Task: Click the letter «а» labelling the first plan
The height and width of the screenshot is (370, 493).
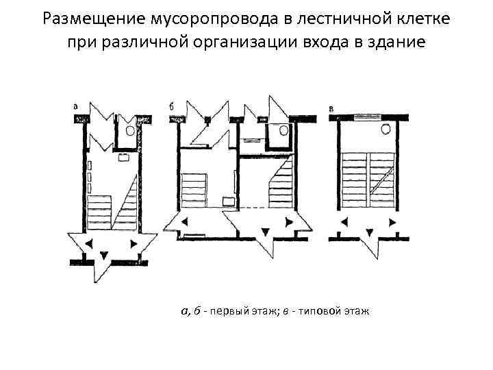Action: [x=75, y=107]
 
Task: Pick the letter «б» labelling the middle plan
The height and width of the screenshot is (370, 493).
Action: [x=170, y=107]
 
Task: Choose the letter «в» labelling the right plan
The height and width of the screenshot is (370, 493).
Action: [x=332, y=107]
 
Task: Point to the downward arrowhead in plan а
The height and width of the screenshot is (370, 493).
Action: [x=103, y=254]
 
